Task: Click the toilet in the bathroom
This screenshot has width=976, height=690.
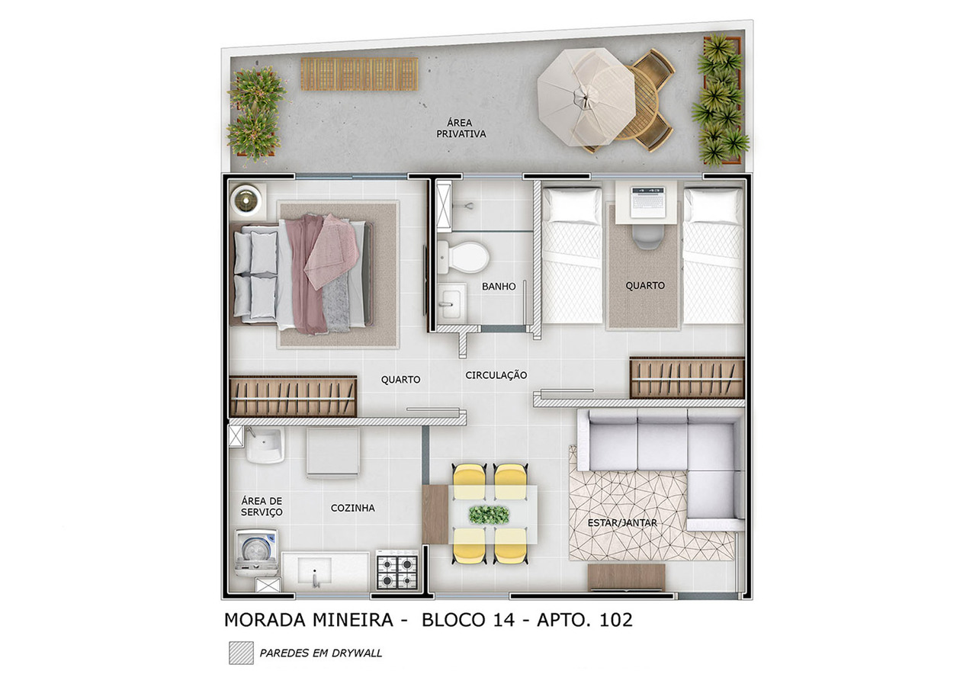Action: click(463, 257)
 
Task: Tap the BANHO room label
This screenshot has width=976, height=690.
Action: click(499, 287)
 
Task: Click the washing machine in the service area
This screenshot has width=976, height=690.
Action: click(256, 551)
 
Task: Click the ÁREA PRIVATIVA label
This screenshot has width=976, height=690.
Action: click(461, 128)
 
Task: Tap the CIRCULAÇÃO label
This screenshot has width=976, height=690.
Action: click(496, 375)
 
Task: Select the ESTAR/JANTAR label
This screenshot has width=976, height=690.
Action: click(623, 523)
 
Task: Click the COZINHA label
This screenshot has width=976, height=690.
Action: click(352, 508)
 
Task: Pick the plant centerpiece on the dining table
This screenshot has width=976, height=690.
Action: click(489, 515)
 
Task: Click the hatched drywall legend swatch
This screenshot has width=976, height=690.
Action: click(241, 653)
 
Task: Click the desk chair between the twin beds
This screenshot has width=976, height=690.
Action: click(647, 236)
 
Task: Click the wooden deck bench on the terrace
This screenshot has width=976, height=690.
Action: click(358, 74)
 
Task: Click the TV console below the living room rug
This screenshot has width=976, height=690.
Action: click(627, 576)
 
